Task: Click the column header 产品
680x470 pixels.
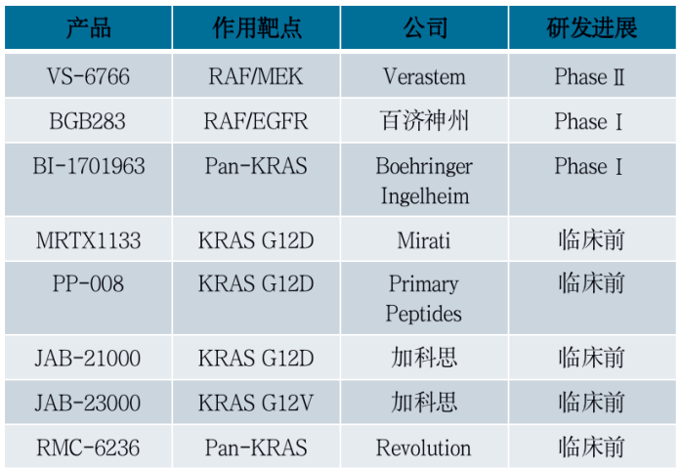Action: tap(88, 27)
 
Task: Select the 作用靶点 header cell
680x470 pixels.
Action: tap(257, 27)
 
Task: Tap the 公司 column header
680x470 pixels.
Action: tap(423, 27)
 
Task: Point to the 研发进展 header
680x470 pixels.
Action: tap(591, 27)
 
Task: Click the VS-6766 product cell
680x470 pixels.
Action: tap(88, 76)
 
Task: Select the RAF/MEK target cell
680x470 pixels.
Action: tap(257, 76)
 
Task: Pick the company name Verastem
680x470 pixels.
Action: tap(423, 76)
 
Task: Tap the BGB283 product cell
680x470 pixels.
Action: tap(88, 121)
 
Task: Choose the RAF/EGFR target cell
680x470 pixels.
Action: tap(257, 121)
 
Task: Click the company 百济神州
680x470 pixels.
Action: tap(423, 121)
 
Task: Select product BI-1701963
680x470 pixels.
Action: tap(88, 166)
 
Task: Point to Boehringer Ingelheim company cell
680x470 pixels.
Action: tap(423, 181)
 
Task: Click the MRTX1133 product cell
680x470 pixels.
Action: tap(88, 239)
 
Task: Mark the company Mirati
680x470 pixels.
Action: tap(423, 239)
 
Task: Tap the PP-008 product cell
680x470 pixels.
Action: tap(88, 284)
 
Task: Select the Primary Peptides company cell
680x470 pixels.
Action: tap(423, 299)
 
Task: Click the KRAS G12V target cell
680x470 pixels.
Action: tap(257, 403)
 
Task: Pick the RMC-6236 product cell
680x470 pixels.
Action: tap(88, 448)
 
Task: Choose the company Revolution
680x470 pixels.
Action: tap(423, 448)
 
